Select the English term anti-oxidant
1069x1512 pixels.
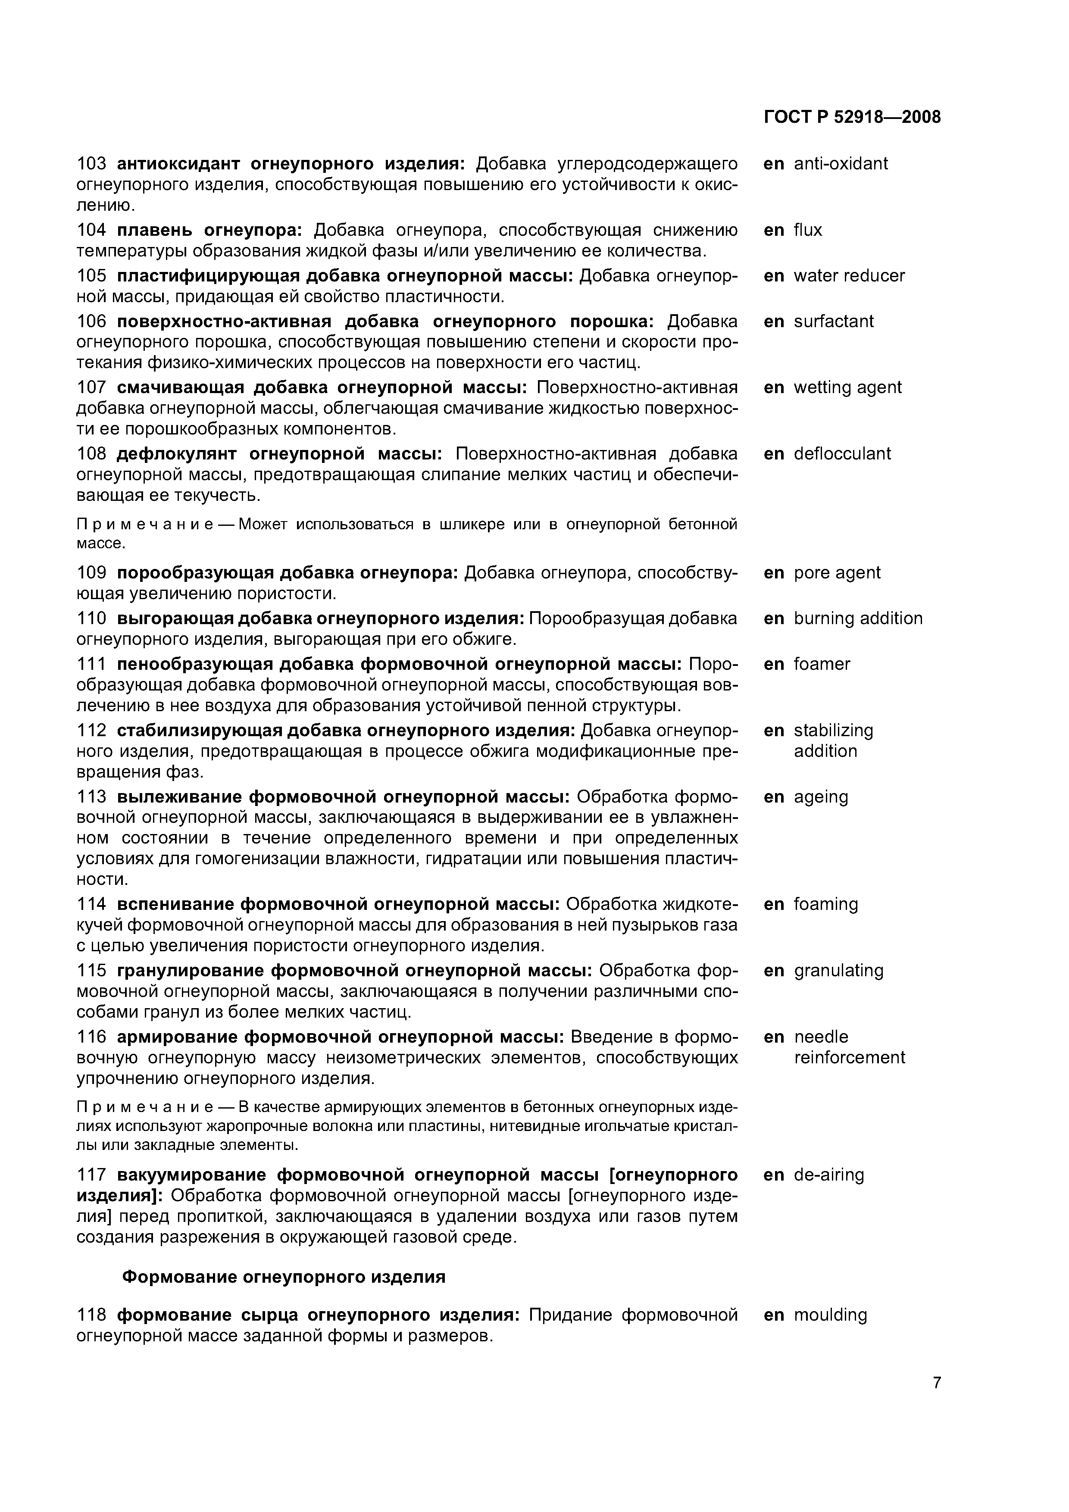tap(841, 163)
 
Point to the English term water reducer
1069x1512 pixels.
tap(849, 275)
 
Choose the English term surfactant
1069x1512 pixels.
tap(833, 322)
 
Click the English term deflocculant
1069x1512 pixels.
tap(842, 454)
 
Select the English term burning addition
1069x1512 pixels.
tap(858, 619)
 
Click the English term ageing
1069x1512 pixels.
tap(821, 797)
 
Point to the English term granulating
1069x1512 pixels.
tap(838, 971)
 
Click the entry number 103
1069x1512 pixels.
tap(91, 163)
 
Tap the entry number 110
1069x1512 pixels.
tap(91, 619)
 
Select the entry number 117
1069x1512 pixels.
tap(91, 1175)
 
